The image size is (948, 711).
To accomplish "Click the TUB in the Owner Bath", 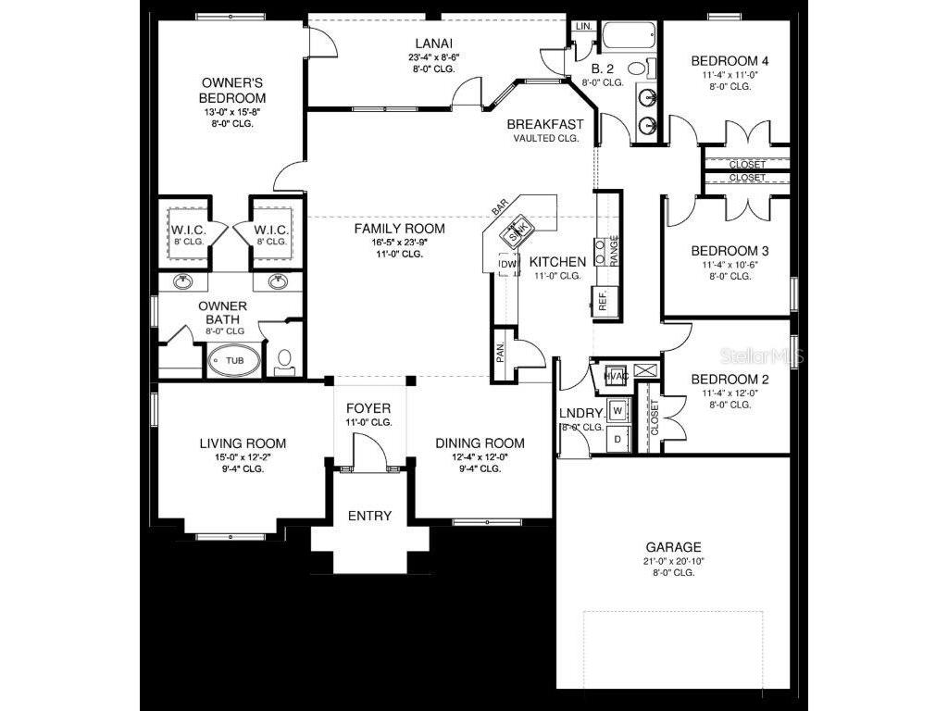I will (x=235, y=361).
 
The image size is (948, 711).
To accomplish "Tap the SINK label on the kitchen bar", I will (x=519, y=229).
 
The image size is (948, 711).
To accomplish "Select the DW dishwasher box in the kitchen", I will (x=506, y=266).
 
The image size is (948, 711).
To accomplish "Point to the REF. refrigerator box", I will (x=602, y=301).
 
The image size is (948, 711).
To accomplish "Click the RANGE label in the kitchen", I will (x=614, y=250).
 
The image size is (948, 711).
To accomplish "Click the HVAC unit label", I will (x=617, y=376).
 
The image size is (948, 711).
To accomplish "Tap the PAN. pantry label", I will (x=500, y=353).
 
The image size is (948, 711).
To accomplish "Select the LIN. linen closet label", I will (x=583, y=26).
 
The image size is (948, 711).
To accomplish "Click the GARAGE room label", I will (x=673, y=547).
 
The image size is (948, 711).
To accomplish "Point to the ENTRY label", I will (x=369, y=516).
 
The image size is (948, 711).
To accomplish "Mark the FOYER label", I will (x=368, y=408).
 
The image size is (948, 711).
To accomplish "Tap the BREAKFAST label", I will (x=545, y=124).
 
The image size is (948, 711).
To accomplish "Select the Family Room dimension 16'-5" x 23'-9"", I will (x=401, y=242).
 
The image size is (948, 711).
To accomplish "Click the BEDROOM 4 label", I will (x=730, y=61).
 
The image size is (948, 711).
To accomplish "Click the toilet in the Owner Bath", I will (x=285, y=357).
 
